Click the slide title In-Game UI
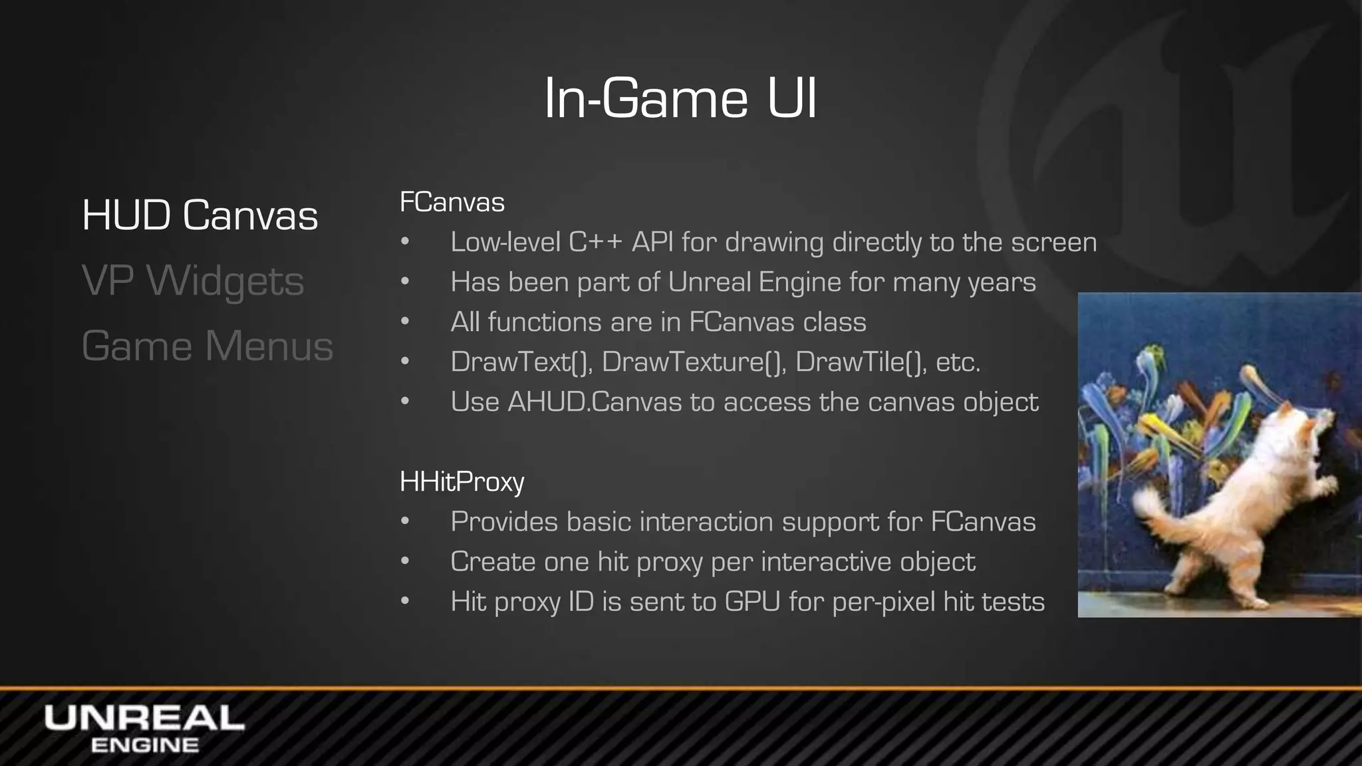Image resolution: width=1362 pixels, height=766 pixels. pos(680,99)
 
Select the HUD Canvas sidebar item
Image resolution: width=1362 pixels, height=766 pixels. pos(200,215)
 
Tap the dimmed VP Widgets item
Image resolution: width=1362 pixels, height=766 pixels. pos(192,281)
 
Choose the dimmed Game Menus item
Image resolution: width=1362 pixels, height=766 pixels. pos(207,346)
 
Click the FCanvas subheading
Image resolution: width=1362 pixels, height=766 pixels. pos(452,202)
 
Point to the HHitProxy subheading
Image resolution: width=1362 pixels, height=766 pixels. pos(462,481)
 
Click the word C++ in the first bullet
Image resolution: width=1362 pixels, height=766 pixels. pos(595,242)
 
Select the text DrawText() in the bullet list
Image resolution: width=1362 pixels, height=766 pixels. pos(521,362)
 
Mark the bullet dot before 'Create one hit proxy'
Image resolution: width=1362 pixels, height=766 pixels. pos(405,562)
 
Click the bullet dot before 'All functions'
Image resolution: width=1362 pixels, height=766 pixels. pos(405,322)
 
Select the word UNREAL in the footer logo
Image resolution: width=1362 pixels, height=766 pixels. pos(144,719)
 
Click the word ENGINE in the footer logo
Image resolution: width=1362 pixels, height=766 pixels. pos(144,745)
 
